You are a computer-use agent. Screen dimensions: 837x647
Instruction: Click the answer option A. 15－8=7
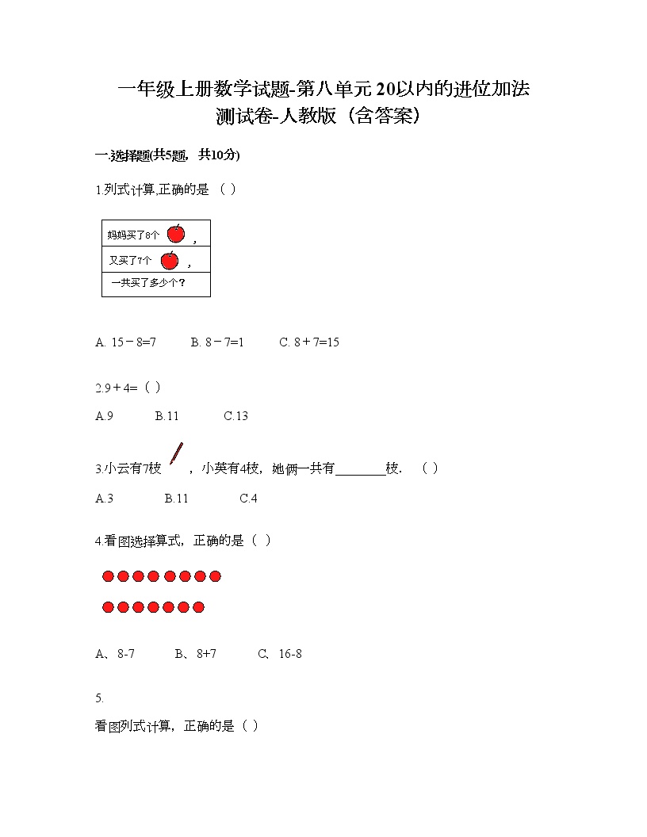[125, 342]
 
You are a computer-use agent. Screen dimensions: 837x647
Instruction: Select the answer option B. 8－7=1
[217, 342]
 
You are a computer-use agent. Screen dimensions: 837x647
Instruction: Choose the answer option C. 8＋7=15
[309, 342]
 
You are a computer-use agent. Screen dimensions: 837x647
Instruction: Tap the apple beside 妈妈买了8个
[176, 233]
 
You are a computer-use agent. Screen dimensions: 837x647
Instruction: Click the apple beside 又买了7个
[170, 260]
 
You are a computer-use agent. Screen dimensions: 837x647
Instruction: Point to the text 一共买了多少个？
[148, 283]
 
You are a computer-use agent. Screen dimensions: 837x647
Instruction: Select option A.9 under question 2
[104, 416]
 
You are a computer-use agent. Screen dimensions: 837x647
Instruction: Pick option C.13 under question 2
[235, 416]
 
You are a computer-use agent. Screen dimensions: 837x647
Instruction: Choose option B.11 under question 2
[167, 416]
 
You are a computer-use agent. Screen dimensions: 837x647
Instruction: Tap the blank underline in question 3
[360, 468]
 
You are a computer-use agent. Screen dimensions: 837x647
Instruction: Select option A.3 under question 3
[104, 499]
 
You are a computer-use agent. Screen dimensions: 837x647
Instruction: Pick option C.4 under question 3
[248, 499]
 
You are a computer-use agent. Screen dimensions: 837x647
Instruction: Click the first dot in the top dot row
[109, 576]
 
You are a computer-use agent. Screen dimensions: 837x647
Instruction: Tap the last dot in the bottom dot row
[198, 607]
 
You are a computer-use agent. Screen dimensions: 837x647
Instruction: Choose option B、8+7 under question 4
[196, 654]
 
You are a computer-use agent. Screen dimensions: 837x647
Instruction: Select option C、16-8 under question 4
[280, 654]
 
